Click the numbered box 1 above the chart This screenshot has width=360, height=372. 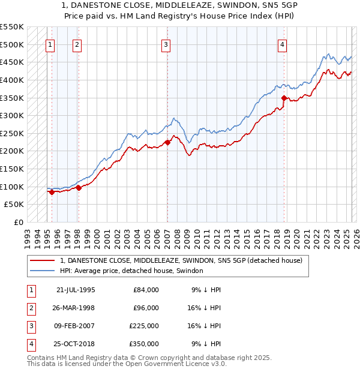[50, 44]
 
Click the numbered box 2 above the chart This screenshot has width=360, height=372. [78, 44]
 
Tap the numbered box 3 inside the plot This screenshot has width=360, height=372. [166, 44]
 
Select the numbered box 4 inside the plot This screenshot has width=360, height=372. [282, 44]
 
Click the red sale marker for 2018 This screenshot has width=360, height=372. [284, 98]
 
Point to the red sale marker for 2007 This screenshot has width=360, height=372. [167, 142]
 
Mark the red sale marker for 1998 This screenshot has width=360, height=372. [79, 188]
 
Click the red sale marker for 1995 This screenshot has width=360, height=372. [52, 192]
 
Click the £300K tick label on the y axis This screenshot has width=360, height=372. [12, 115]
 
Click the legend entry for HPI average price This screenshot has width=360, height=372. [131, 271]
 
